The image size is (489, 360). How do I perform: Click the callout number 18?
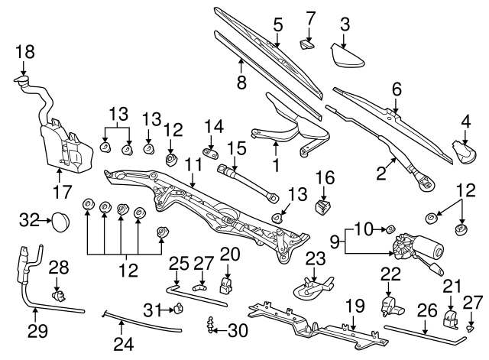tap(24, 52)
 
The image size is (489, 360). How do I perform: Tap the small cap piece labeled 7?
tap(308, 46)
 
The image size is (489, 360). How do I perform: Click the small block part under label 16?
tap(325, 206)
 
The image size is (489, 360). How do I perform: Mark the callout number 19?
tap(351, 306)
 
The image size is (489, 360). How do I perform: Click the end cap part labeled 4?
tap(461, 150)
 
